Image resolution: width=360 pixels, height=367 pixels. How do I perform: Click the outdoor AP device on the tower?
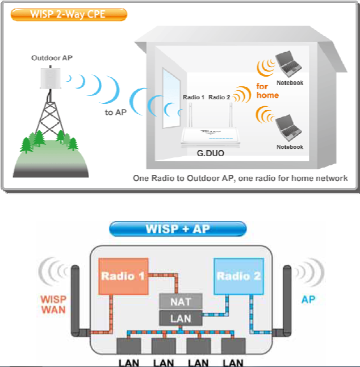tap(49, 78)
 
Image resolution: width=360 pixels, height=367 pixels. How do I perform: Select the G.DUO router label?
tap(210, 153)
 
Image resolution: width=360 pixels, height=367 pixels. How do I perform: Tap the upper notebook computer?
tap(289, 66)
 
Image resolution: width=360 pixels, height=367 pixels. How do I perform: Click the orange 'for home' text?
tap(267, 91)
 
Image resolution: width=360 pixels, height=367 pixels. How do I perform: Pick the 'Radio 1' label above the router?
tap(194, 97)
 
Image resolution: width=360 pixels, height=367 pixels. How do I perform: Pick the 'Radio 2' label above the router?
tap(219, 97)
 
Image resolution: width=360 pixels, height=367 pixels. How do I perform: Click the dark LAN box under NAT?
tap(181, 319)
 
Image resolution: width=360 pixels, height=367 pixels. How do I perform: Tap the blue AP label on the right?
tap(308, 298)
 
